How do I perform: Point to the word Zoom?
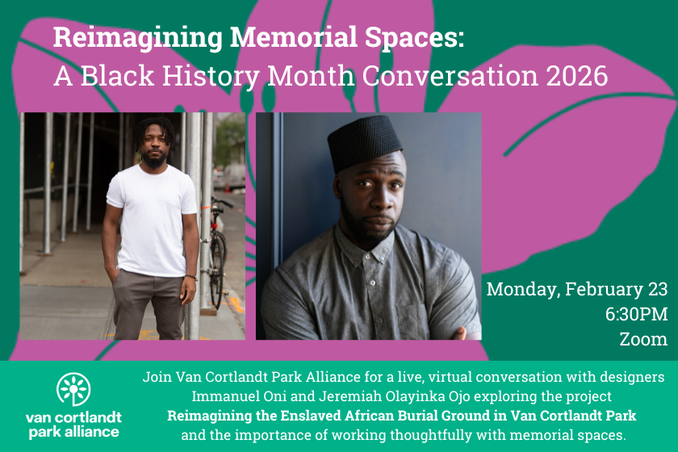(642, 339)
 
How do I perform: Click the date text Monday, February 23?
(576, 289)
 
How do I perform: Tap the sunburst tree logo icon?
(73, 389)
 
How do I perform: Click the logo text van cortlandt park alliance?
(73, 424)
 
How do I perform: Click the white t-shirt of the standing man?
(152, 218)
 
